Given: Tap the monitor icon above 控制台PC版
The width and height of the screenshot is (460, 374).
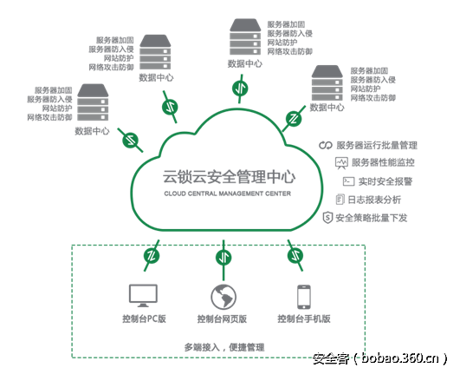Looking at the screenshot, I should coord(142,296).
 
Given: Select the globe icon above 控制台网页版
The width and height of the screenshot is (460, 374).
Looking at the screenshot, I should coord(223,296).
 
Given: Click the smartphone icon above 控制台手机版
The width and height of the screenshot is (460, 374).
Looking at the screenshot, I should coord(303,296).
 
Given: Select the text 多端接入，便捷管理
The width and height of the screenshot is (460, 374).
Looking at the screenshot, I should coord(224,346).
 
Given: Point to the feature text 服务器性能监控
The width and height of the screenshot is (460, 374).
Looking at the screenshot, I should coord(382,162).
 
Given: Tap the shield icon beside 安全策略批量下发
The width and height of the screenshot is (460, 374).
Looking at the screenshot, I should coord(327,217).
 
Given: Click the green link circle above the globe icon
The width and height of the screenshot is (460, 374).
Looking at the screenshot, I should coord(223,257).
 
